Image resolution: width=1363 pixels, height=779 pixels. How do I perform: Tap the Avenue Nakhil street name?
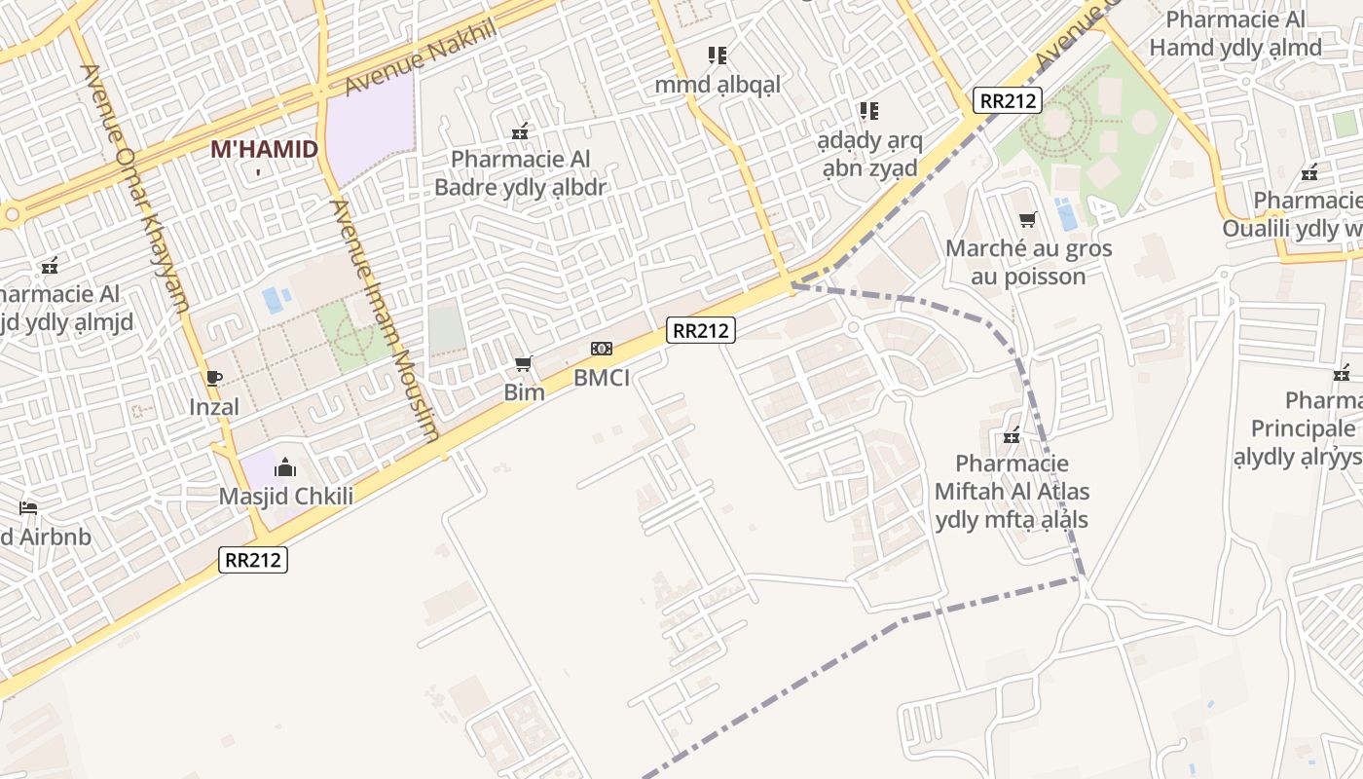click(420, 57)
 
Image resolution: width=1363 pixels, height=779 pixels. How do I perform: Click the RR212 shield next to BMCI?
click(700, 330)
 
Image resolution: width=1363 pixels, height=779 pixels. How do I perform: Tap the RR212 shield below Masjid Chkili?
click(253, 559)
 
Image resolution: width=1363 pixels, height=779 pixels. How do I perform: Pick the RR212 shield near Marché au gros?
click(1008, 100)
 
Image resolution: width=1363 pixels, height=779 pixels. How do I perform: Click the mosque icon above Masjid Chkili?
click(285, 467)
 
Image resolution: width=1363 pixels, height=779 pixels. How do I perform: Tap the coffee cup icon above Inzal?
click(214, 378)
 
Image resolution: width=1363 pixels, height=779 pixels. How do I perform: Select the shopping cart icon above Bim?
click(524, 364)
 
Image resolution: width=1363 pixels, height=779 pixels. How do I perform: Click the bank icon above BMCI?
click(602, 349)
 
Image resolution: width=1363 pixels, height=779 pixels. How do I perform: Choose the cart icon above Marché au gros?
click(1027, 219)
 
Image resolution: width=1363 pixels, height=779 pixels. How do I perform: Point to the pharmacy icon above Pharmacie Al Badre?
click(520, 130)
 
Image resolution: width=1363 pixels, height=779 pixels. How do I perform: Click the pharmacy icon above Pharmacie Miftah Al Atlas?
click(1012, 435)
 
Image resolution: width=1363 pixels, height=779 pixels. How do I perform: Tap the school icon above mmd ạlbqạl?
click(718, 56)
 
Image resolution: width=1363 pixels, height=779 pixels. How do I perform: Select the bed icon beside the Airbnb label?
click(28, 508)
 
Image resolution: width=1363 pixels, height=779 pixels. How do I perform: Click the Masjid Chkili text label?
click(285, 496)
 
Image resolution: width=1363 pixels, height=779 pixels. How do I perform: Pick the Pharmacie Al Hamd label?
click(1234, 34)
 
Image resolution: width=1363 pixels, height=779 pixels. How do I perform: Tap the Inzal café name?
click(214, 406)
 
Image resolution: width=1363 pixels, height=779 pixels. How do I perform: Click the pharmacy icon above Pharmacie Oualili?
click(1309, 173)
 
